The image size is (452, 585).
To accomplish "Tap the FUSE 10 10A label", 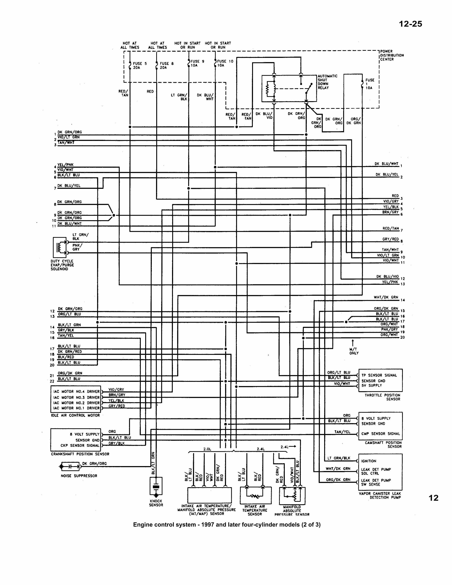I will tap(225, 63).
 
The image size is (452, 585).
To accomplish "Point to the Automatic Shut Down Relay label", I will tap(327, 82).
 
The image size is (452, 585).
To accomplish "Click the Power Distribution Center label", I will tap(392, 55).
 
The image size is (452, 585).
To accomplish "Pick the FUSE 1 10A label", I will tap(370, 84).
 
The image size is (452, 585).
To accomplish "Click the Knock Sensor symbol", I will tap(156, 486).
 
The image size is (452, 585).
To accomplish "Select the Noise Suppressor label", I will tap(79, 476).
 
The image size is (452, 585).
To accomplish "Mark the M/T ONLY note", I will tap(354, 351).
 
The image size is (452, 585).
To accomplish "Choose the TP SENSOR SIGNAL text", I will tap(379, 375).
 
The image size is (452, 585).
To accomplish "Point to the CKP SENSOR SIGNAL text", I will tap(80, 445).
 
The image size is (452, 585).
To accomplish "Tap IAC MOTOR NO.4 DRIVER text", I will tap(76, 392).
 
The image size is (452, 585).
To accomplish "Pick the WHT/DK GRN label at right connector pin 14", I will tap(386, 297).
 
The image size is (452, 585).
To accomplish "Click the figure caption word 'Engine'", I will tap(142, 525).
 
